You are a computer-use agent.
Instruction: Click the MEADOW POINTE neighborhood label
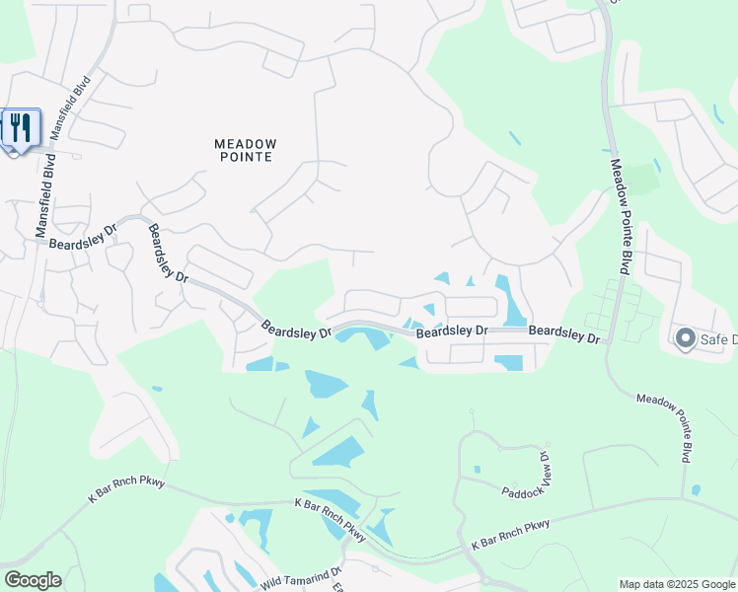pyautogui.click(x=246, y=150)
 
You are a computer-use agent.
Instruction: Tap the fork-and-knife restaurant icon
pyautogui.click(x=21, y=127)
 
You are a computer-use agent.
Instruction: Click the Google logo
pyautogui.click(x=33, y=579)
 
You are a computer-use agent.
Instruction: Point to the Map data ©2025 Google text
pyautogui.click(x=677, y=584)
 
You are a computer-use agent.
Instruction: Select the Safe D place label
pyautogui.click(x=718, y=340)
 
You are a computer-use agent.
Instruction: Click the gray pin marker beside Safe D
pyautogui.click(x=686, y=339)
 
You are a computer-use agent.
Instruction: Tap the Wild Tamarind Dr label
pyautogui.click(x=302, y=579)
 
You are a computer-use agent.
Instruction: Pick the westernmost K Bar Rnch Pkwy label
pyautogui.click(x=126, y=489)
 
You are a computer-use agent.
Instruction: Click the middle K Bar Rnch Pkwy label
pyautogui.click(x=331, y=520)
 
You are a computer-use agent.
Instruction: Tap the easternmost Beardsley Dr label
pyautogui.click(x=563, y=335)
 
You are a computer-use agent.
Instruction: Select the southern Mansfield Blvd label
pyautogui.click(x=44, y=202)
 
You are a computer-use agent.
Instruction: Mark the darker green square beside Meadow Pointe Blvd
pyautogui.click(x=643, y=180)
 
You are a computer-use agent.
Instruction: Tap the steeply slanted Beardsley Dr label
pyautogui.click(x=168, y=255)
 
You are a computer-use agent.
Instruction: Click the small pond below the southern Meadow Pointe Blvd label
pyautogui.click(x=697, y=489)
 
